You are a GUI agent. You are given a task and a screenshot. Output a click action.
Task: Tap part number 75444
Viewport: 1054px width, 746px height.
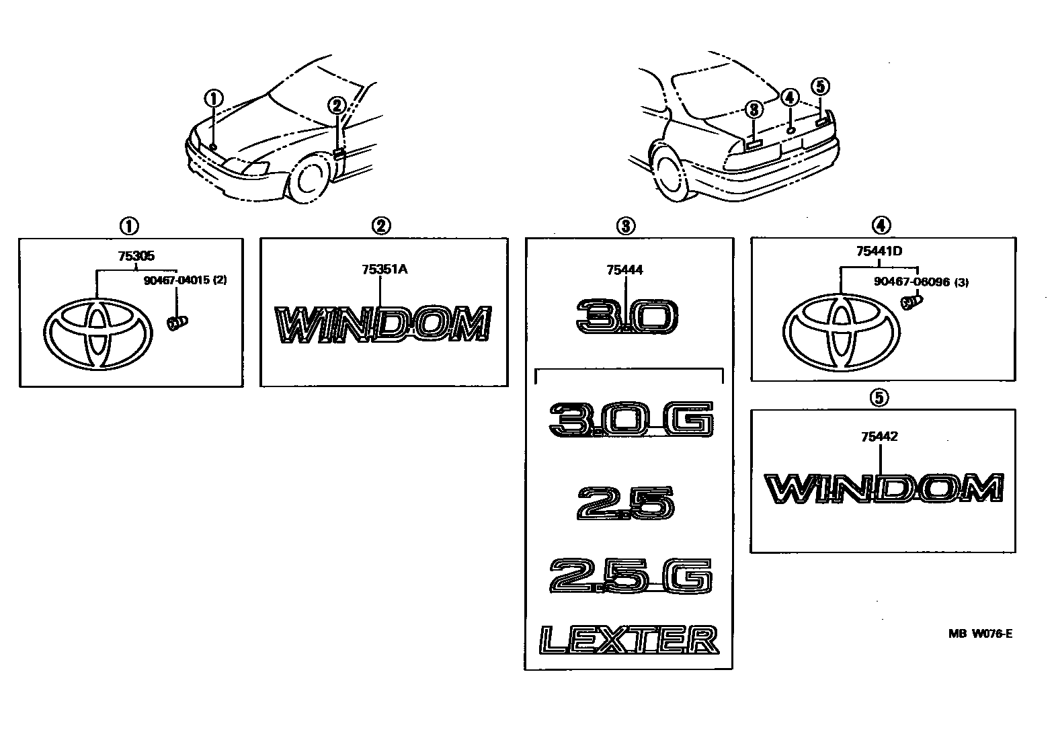click(x=624, y=270)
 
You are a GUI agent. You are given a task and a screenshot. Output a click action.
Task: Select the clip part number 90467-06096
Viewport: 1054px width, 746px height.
click(x=911, y=282)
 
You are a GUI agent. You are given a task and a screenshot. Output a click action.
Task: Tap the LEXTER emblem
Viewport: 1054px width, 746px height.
click(x=629, y=640)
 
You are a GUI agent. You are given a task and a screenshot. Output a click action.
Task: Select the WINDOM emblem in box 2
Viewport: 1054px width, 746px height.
click(x=384, y=325)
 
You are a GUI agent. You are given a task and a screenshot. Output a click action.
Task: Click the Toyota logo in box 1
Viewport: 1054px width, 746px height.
click(x=96, y=335)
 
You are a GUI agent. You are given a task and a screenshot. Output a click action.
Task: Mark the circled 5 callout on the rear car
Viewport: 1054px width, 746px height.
click(x=820, y=87)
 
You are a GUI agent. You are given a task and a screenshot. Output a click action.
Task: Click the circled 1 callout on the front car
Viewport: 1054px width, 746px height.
click(x=214, y=98)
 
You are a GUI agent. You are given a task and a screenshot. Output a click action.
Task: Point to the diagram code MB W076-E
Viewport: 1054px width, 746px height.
click(x=979, y=633)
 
